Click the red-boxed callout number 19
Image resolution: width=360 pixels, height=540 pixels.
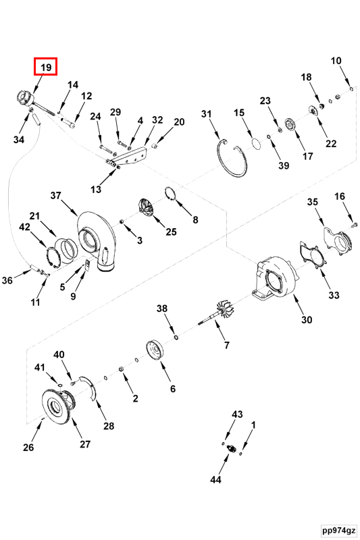(46, 67)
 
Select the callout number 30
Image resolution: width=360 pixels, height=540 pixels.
(306, 320)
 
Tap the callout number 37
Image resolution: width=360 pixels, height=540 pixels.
(55, 195)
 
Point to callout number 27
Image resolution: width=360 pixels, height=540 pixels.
(85, 443)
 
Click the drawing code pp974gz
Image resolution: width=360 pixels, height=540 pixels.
(338, 531)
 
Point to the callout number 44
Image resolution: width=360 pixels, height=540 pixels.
(215, 480)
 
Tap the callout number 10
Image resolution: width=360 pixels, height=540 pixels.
(336, 61)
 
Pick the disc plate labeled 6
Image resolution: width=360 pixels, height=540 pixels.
(157, 354)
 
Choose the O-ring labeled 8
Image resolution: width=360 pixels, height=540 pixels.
(172, 196)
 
